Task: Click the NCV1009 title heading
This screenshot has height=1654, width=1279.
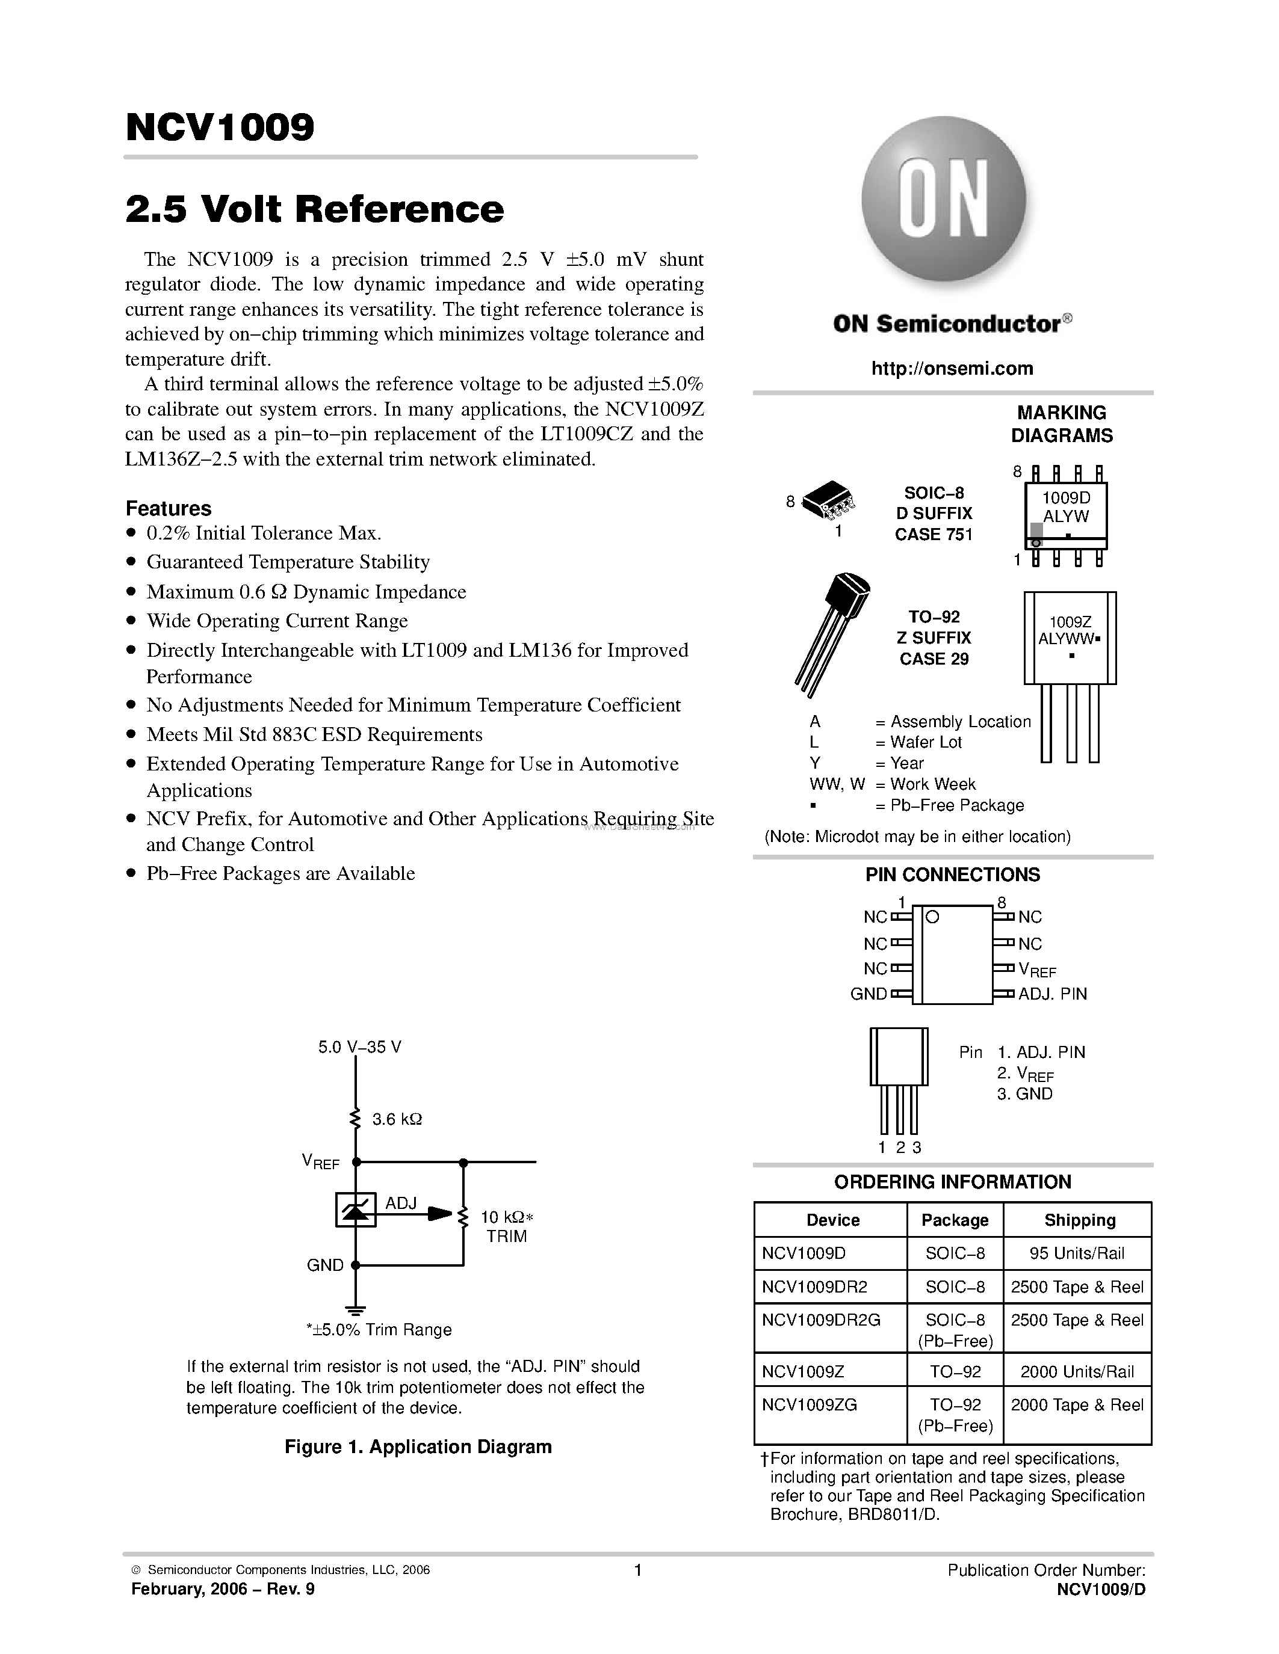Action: [220, 128]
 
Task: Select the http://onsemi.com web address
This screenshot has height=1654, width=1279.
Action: [952, 369]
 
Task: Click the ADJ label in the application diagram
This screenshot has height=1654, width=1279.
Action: [401, 1203]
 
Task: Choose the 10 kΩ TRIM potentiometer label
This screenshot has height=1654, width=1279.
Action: [506, 1227]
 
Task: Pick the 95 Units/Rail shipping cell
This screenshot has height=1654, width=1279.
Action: [1077, 1253]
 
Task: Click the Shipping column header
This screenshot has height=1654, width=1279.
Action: [1079, 1220]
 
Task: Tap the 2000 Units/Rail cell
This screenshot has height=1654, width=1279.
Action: [1077, 1371]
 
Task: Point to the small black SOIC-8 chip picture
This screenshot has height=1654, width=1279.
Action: [828, 500]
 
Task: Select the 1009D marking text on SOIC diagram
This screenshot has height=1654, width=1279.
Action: [1065, 497]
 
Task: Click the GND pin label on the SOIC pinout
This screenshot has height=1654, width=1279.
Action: [869, 994]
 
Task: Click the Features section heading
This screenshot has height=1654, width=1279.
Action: [168, 508]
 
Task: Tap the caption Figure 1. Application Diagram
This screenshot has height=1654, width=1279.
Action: [418, 1446]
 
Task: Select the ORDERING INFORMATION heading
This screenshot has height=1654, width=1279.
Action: [952, 1182]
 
